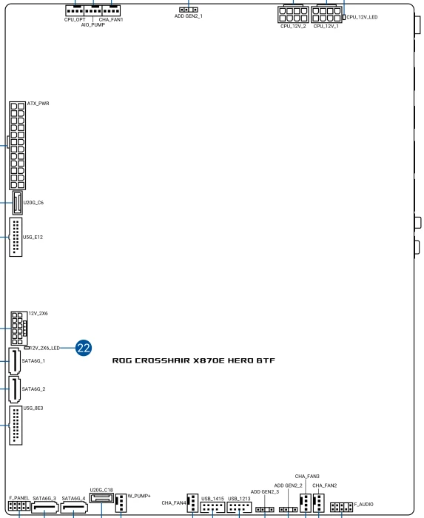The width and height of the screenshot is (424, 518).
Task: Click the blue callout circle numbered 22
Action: tap(84, 348)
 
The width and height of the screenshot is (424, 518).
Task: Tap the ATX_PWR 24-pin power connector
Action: tap(18, 146)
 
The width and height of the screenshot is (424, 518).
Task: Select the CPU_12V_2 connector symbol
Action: tap(293, 14)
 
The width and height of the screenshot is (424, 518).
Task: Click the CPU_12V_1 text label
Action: tap(326, 26)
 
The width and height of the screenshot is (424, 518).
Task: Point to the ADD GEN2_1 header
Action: tap(189, 10)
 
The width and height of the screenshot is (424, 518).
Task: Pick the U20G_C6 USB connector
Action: tap(18, 203)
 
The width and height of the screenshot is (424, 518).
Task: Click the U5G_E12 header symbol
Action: tap(16, 237)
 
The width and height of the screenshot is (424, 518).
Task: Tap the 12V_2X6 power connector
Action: tap(18, 329)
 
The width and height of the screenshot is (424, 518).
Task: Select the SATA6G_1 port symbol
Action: tap(15, 361)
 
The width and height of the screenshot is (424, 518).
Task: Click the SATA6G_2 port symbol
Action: tap(15, 389)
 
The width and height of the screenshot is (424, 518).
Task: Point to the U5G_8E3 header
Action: tap(16, 425)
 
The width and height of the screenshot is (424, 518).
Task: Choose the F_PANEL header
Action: tap(19, 506)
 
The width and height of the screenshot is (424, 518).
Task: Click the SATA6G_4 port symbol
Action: tap(74, 508)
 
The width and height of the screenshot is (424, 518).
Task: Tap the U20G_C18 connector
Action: tap(101, 498)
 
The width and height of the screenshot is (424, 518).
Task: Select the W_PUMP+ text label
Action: tap(139, 496)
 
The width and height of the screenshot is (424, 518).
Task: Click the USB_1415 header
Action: tap(212, 507)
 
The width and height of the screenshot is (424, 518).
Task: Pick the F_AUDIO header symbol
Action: tap(341, 507)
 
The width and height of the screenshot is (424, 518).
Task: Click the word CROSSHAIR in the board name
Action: tap(162, 360)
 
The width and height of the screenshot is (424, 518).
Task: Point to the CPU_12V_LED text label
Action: tap(362, 17)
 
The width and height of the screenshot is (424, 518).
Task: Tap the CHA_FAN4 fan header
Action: tap(192, 503)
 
